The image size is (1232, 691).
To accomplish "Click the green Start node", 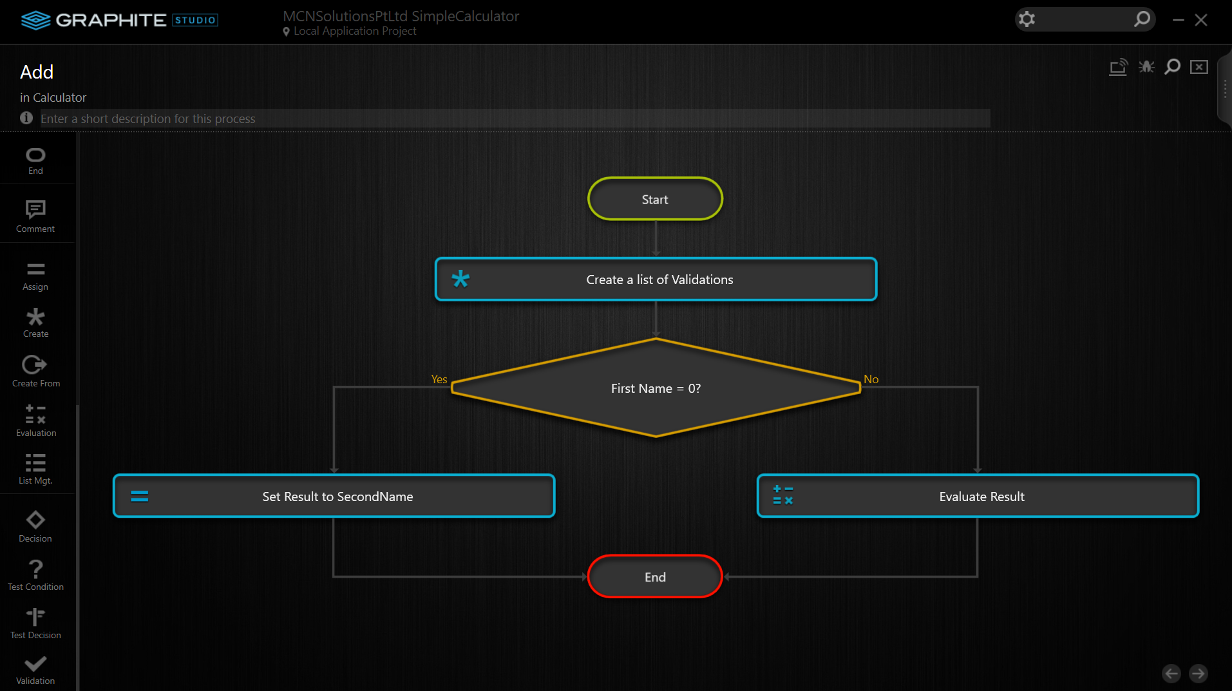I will (x=655, y=199).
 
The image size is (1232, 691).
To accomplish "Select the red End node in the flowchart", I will (x=655, y=576).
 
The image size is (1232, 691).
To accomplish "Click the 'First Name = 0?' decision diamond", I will (x=656, y=388).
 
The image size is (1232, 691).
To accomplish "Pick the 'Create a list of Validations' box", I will (x=656, y=279).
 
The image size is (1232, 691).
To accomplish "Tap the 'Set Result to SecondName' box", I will (x=334, y=496).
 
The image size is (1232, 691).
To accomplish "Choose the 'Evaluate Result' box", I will (x=978, y=496).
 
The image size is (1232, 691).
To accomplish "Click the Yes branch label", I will (x=439, y=379).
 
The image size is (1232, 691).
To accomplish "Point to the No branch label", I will (x=871, y=379).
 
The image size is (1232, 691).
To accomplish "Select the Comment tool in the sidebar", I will (x=35, y=216).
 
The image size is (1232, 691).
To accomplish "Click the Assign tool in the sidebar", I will (x=35, y=276).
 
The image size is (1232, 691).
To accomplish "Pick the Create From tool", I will (x=35, y=371).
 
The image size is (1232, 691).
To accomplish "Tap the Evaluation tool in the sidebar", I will (x=35, y=421).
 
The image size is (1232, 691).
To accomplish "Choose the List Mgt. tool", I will (x=35, y=469).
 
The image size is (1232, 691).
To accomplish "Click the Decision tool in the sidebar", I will (x=35, y=526).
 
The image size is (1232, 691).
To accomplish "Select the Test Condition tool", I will (x=35, y=574).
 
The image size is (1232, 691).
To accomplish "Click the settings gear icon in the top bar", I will (x=1027, y=19).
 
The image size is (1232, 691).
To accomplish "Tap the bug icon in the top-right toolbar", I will (x=1146, y=67).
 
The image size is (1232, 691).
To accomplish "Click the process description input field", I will (x=515, y=118).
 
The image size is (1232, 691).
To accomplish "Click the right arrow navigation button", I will (x=1198, y=674).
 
